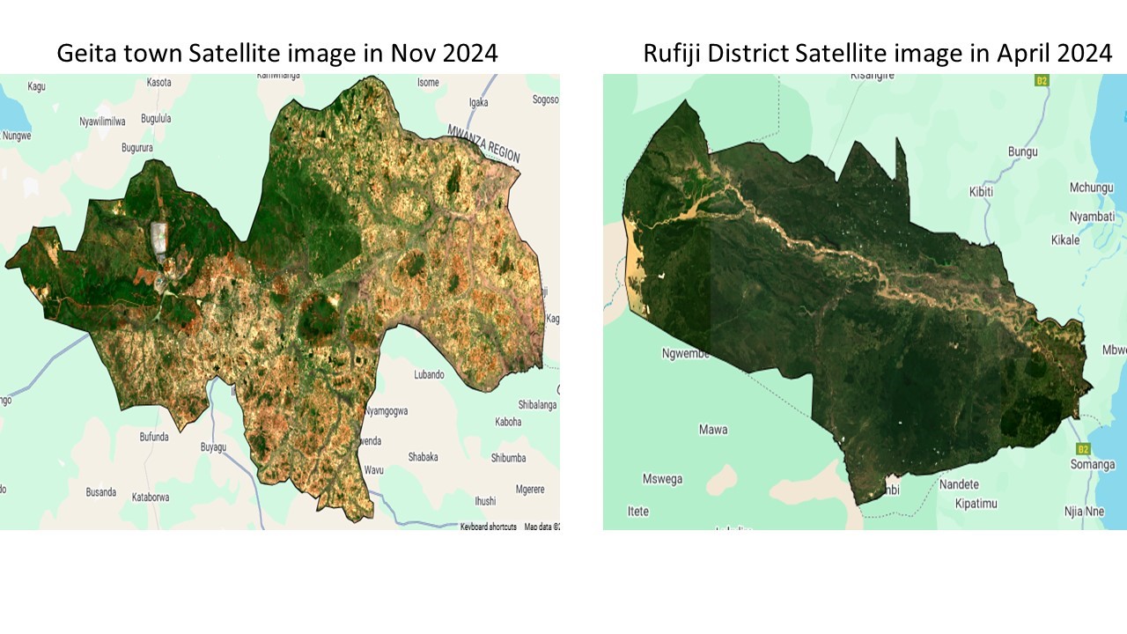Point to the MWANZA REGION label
483,143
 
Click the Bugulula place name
156,118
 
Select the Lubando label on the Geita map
429,374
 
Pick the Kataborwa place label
151,497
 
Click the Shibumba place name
508,458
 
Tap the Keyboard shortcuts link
489,527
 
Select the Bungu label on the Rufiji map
1023,151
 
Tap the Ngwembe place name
686,354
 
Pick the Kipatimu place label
979,504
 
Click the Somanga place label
1093,464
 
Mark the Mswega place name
662,480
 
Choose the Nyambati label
1092,217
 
